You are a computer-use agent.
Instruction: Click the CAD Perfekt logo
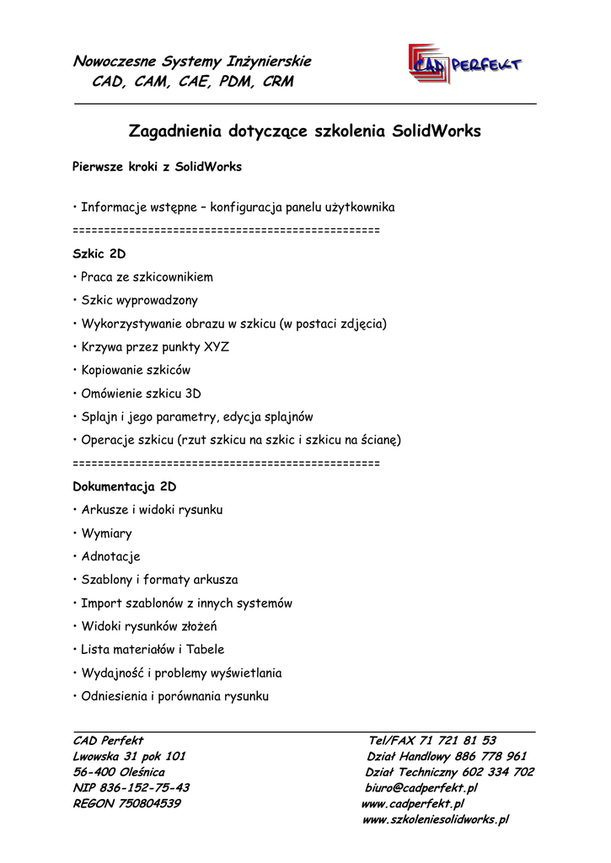[x=464, y=64]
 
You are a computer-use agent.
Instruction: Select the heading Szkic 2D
[x=99, y=254]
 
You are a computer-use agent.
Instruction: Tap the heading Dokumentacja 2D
[x=124, y=487]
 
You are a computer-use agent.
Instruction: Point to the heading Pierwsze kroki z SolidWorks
[x=157, y=167]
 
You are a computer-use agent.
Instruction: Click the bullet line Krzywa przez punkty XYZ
[x=154, y=346]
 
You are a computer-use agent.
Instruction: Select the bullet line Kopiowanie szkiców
[x=135, y=370]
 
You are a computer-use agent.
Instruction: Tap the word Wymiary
[x=106, y=533]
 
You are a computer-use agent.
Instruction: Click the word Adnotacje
[x=110, y=557]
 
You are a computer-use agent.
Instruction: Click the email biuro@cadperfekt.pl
[x=421, y=788]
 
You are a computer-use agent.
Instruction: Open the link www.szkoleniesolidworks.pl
[x=435, y=819]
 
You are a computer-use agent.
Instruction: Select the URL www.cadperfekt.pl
[x=413, y=804]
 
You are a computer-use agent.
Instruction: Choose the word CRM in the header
[x=277, y=82]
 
